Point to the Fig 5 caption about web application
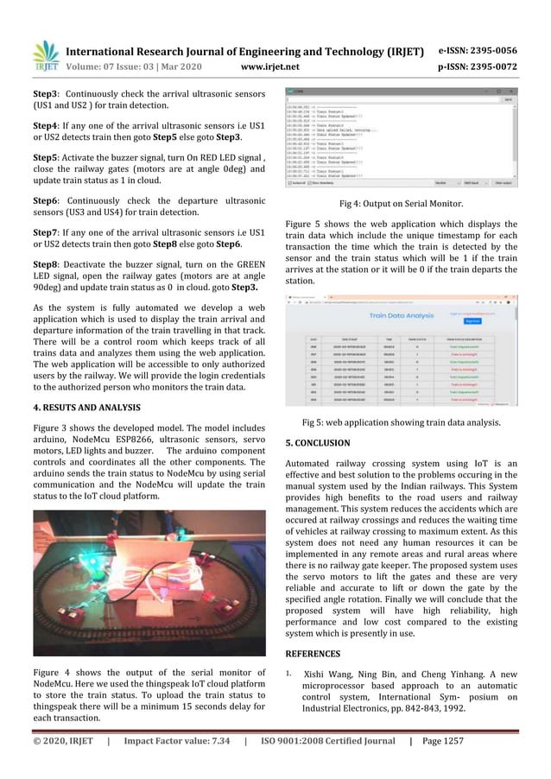(x=401, y=422)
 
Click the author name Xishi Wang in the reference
(x=327, y=674)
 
